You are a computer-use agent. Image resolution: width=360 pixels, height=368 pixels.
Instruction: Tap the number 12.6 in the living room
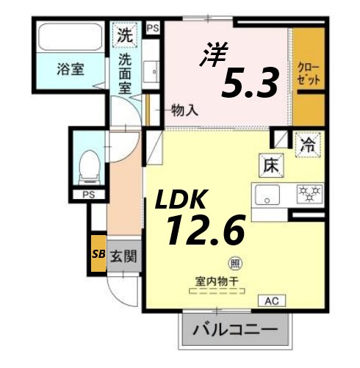[204, 232]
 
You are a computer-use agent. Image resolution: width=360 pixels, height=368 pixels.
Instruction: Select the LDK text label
[181, 200]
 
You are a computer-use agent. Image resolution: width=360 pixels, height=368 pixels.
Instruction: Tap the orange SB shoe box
[97, 255]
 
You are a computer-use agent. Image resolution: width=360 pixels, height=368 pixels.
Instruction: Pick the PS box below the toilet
[88, 195]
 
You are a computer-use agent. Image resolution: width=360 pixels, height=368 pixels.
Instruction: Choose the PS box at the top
[153, 28]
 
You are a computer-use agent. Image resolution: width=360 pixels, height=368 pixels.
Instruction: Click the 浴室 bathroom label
[71, 71]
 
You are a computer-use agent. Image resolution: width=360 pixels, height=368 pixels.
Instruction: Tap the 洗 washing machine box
[126, 34]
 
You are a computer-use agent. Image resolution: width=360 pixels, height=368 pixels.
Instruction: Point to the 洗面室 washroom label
[126, 73]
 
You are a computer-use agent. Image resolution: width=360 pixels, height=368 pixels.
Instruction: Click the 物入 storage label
[184, 111]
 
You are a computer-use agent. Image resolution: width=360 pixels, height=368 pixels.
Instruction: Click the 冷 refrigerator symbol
[307, 144]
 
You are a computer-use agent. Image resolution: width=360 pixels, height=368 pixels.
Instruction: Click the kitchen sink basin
[267, 195]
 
